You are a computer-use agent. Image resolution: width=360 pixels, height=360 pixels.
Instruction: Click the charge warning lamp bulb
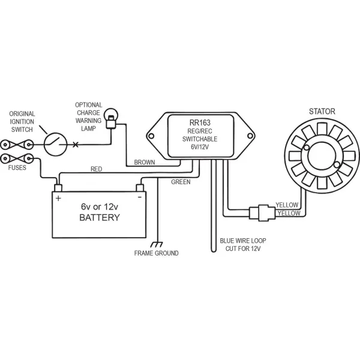110,115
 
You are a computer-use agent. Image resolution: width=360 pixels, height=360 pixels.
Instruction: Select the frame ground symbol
157,244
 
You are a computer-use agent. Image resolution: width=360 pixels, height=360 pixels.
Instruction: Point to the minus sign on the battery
139,196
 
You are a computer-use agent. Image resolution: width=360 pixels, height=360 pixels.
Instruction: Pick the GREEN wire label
181,181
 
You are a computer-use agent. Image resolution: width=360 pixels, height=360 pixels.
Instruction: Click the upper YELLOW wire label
287,205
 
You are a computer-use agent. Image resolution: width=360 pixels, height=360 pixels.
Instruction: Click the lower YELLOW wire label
288,214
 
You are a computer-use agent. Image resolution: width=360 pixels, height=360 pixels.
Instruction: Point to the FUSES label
17,169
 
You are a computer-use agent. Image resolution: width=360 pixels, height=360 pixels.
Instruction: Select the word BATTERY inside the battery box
100,217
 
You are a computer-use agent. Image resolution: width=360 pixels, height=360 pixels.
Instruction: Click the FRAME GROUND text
156,254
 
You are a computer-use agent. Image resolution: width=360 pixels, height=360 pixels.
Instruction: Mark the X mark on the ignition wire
75,145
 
